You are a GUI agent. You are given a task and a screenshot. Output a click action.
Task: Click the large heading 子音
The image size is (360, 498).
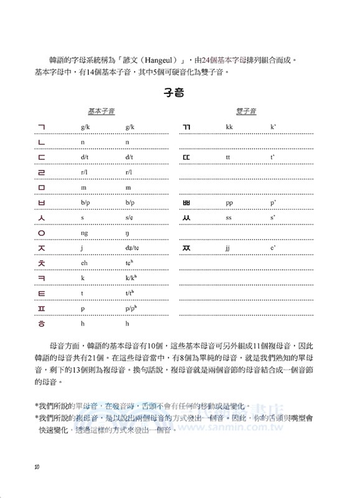click(180, 93)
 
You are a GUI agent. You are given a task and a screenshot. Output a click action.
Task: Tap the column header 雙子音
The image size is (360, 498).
click(247, 111)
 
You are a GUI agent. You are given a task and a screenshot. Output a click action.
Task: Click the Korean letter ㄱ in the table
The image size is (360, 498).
click(42, 127)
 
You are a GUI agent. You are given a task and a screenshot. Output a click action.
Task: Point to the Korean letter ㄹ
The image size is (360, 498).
click(42, 171)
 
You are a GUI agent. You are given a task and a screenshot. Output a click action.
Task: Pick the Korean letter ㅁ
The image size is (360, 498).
click(42, 187)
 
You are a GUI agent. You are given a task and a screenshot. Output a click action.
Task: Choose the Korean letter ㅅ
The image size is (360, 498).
click(42, 218)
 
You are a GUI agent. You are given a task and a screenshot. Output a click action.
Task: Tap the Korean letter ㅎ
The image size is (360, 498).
click(42, 324)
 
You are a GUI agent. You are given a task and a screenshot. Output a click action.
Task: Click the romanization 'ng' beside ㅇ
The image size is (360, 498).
click(84, 233)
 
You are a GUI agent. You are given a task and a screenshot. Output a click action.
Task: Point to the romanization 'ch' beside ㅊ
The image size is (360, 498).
click(84, 263)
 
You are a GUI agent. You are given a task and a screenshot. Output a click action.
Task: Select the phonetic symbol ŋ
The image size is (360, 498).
click(127, 233)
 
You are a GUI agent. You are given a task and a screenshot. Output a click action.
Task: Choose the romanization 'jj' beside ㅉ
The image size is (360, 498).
click(229, 248)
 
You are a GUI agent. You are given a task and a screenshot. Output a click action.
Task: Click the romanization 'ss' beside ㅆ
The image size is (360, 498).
click(229, 218)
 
